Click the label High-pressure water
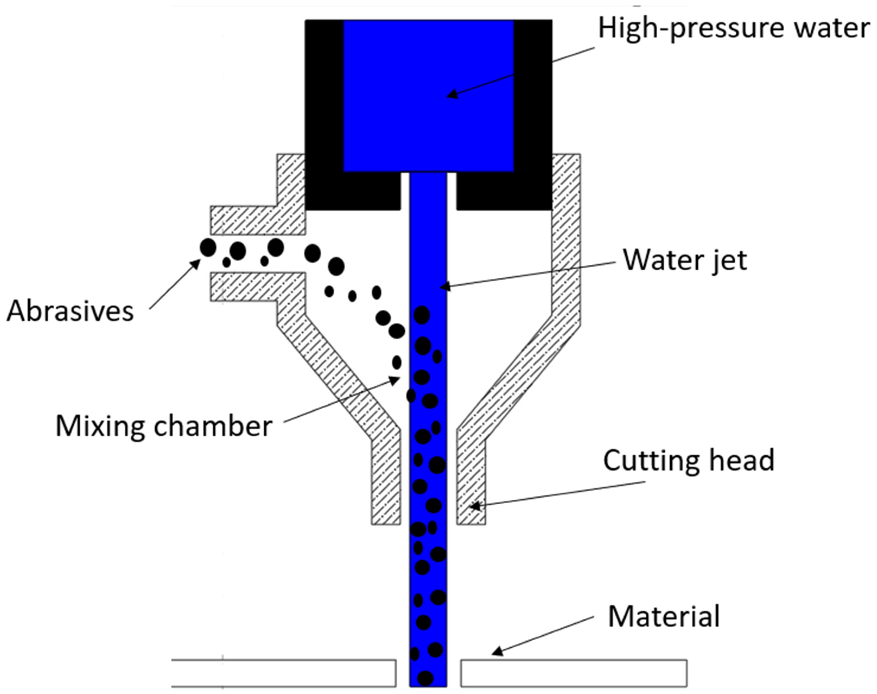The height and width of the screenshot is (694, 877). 734,29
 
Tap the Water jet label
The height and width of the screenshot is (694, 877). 685,260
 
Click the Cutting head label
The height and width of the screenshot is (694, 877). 689,461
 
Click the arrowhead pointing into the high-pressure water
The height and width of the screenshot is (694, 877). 451,96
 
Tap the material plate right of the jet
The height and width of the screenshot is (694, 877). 573,673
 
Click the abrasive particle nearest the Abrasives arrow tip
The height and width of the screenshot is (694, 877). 208,247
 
